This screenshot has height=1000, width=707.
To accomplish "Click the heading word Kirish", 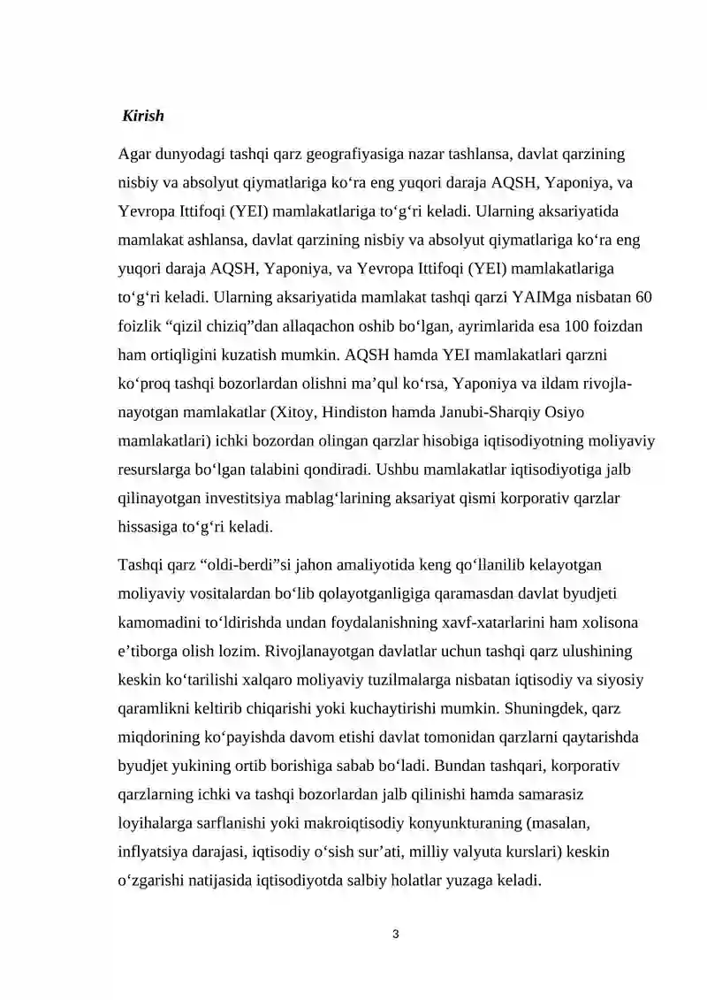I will pyautogui.click(x=143, y=116).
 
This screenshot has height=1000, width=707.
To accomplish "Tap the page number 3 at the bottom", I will pyautogui.click(x=396, y=933).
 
